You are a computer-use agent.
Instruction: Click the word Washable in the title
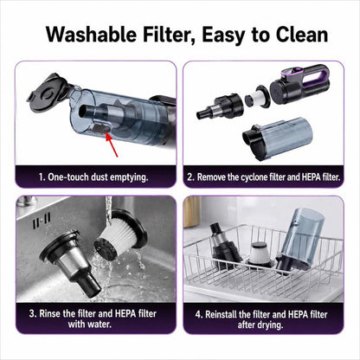91,35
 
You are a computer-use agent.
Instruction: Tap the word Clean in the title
302,35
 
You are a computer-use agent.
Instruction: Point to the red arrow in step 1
112,145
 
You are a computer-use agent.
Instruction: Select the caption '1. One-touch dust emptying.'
93,177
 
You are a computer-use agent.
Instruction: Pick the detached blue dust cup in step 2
278,138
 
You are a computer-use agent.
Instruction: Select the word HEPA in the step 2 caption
311,177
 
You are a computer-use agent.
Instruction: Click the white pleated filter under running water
121,235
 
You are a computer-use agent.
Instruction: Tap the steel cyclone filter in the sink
72,260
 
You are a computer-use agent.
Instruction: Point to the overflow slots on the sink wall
42,220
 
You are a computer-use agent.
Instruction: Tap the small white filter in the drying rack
260,255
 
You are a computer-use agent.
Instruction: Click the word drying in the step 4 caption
270,325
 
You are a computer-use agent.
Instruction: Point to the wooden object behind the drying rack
192,213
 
